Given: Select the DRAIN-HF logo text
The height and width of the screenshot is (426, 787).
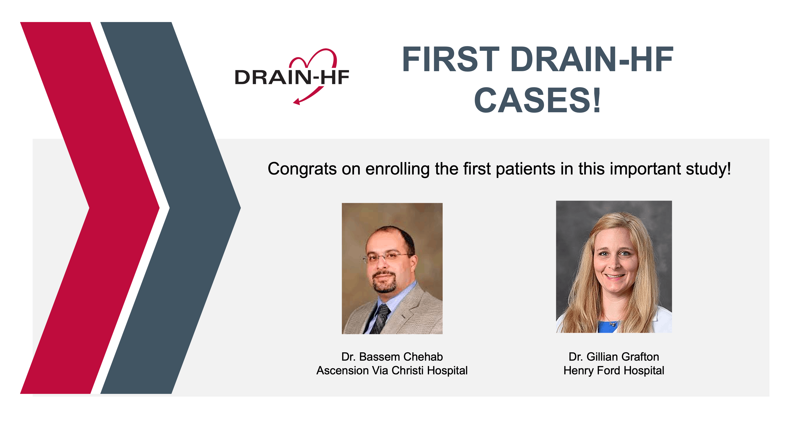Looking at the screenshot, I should (x=292, y=77).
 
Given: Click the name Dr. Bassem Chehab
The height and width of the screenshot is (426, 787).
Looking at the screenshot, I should (x=392, y=357).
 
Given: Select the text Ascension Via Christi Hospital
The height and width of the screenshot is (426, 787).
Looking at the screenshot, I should (x=392, y=370).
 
